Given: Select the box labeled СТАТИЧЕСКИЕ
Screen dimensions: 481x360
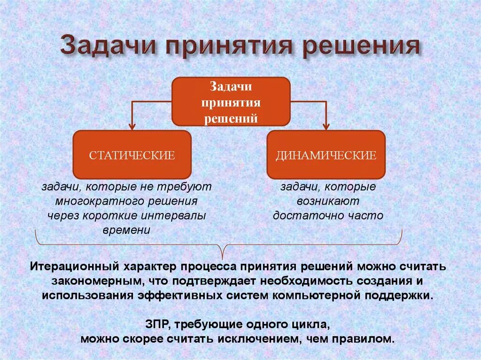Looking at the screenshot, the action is [x=132, y=155].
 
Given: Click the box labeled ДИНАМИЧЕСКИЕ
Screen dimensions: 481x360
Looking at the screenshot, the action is [x=326, y=155].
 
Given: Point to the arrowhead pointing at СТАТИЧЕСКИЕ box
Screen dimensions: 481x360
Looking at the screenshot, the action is [x=132, y=125].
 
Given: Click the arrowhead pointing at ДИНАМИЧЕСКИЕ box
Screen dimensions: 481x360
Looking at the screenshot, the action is [x=326, y=125].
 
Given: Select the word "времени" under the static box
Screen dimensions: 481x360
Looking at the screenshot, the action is [x=126, y=230].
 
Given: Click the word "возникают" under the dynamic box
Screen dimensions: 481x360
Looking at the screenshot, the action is [x=328, y=201].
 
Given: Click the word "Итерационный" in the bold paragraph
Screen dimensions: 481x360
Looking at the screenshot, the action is [x=74, y=267].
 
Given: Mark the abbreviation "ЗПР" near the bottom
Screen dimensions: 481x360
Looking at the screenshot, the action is [x=155, y=324].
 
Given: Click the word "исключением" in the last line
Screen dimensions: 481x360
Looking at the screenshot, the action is [x=271, y=339].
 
